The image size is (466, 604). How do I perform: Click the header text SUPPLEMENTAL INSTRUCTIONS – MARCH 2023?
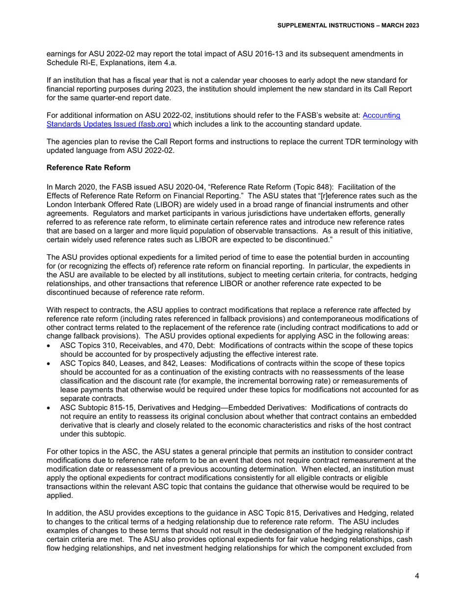click(x=348, y=25)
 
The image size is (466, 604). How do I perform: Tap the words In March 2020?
click(x=70, y=187)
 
